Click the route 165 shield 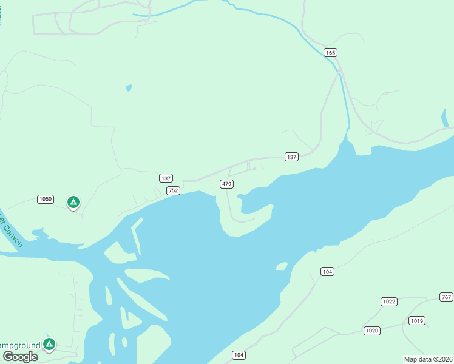pyautogui.click(x=330, y=53)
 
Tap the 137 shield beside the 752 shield pyautogui.click(x=166, y=178)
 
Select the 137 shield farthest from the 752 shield pyautogui.click(x=292, y=157)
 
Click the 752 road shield pyautogui.click(x=174, y=190)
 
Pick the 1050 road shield pyautogui.click(x=46, y=199)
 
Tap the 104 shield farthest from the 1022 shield pyautogui.click(x=239, y=355)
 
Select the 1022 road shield pyautogui.click(x=389, y=302)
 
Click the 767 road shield pyautogui.click(x=446, y=297)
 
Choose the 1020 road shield pyautogui.click(x=372, y=331)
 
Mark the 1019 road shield pyautogui.click(x=417, y=320)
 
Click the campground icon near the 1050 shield pyautogui.click(x=73, y=202)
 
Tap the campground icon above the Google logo pyautogui.click(x=50, y=344)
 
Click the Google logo pyautogui.click(x=21, y=357)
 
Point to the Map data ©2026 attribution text pyautogui.click(x=428, y=359)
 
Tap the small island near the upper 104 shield pyautogui.click(x=282, y=266)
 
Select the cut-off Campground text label pyautogui.click(x=19, y=345)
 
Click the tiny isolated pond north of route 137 pyautogui.click(x=129, y=87)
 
